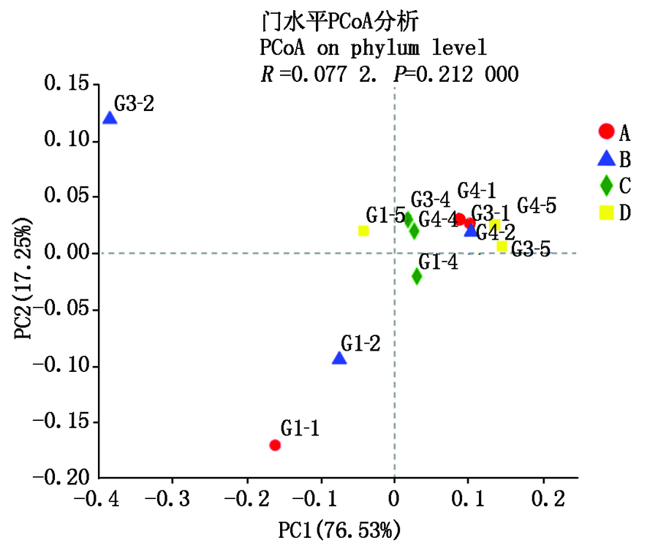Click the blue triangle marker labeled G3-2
(110, 118)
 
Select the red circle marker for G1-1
(275, 445)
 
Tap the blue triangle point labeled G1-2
(339, 358)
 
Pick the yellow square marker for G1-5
(363, 231)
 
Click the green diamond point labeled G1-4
(417, 276)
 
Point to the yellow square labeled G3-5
(502, 247)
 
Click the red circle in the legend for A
(605, 132)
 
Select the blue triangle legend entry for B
(605, 159)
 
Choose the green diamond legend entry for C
(605, 186)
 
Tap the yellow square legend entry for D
(605, 213)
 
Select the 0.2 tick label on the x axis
(543, 499)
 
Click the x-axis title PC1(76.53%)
(339, 528)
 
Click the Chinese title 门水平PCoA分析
(339, 23)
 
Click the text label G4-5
(537, 205)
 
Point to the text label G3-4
(430, 199)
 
